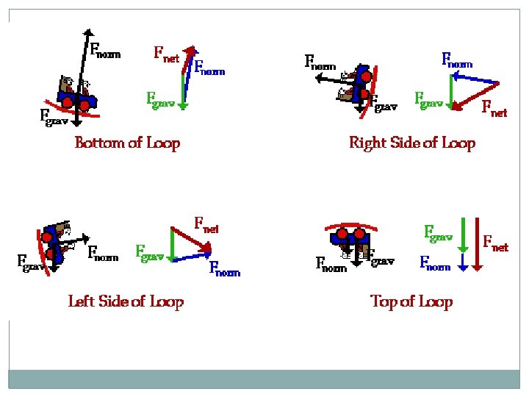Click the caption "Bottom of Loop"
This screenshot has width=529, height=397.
[127, 143]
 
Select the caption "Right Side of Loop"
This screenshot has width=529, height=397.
[412, 143]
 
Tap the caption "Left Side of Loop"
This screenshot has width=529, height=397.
[126, 301]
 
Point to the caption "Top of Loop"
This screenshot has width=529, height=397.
[411, 301]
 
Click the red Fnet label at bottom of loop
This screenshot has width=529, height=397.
[166, 54]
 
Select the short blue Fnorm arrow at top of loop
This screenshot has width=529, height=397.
[462, 262]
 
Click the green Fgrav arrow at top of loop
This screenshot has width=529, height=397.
[462, 235]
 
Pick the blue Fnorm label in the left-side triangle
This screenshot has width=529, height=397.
[224, 268]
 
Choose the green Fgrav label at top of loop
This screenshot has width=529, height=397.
[439, 234]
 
